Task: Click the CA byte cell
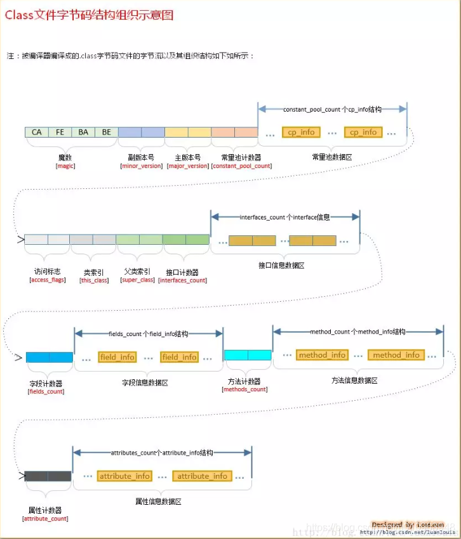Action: tap(37, 132)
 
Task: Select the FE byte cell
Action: tap(60, 132)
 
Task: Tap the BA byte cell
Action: tap(83, 132)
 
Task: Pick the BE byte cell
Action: tap(106, 132)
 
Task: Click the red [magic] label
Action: tap(65, 166)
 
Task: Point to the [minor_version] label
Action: tap(142, 166)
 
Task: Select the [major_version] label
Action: tap(187, 166)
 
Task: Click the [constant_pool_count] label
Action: tap(241, 166)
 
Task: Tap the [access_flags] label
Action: tap(48, 280)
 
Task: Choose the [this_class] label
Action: tap(94, 280)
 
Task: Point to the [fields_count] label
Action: tap(46, 391)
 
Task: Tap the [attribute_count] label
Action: tap(45, 518)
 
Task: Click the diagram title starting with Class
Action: tap(89, 15)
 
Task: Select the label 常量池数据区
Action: tap(332, 157)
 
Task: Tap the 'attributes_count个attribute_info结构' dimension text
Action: tap(162, 453)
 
